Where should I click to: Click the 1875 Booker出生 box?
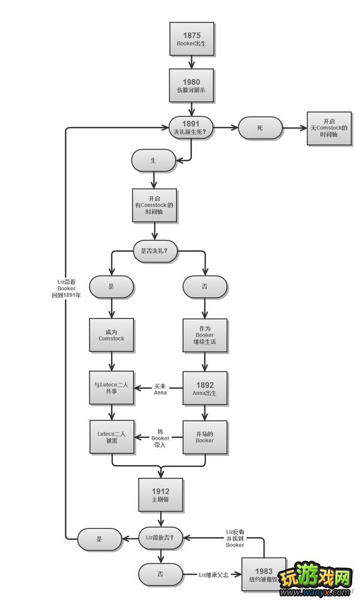pyautogui.click(x=191, y=39)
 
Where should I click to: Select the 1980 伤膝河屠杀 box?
pyautogui.click(x=191, y=86)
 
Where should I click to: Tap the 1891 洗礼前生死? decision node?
pyautogui.click(x=191, y=128)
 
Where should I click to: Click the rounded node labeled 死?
pyautogui.click(x=260, y=128)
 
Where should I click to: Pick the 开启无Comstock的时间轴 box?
pyautogui.click(x=329, y=128)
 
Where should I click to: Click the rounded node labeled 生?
pyautogui.click(x=154, y=160)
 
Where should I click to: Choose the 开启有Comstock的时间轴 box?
pyautogui.click(x=154, y=205)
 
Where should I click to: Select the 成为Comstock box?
pyautogui.click(x=112, y=335)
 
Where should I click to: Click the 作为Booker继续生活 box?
pyautogui.click(x=205, y=335)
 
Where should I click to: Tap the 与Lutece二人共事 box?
pyautogui.click(x=112, y=388)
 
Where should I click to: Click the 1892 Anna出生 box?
pyautogui.click(x=205, y=388)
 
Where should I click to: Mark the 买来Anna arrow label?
pyautogui.click(x=160, y=389)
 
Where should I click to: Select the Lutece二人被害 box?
pyautogui.click(x=112, y=436)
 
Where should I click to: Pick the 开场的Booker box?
pyautogui.click(x=205, y=436)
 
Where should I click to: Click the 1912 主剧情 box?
pyautogui.click(x=160, y=495)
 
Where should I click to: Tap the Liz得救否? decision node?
pyautogui.click(x=160, y=538)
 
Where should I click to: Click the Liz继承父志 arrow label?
pyautogui.click(x=214, y=575)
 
